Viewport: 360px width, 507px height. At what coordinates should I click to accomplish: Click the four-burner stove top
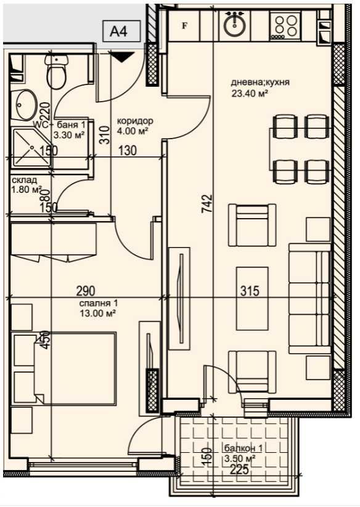(x=285, y=26)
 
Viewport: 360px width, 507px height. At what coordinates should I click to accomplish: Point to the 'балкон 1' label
(x=240, y=449)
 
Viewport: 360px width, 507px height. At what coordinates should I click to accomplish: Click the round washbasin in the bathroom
(x=25, y=106)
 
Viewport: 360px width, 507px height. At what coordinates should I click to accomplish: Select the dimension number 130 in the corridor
(x=127, y=151)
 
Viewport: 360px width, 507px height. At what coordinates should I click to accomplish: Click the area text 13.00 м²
(x=98, y=313)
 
